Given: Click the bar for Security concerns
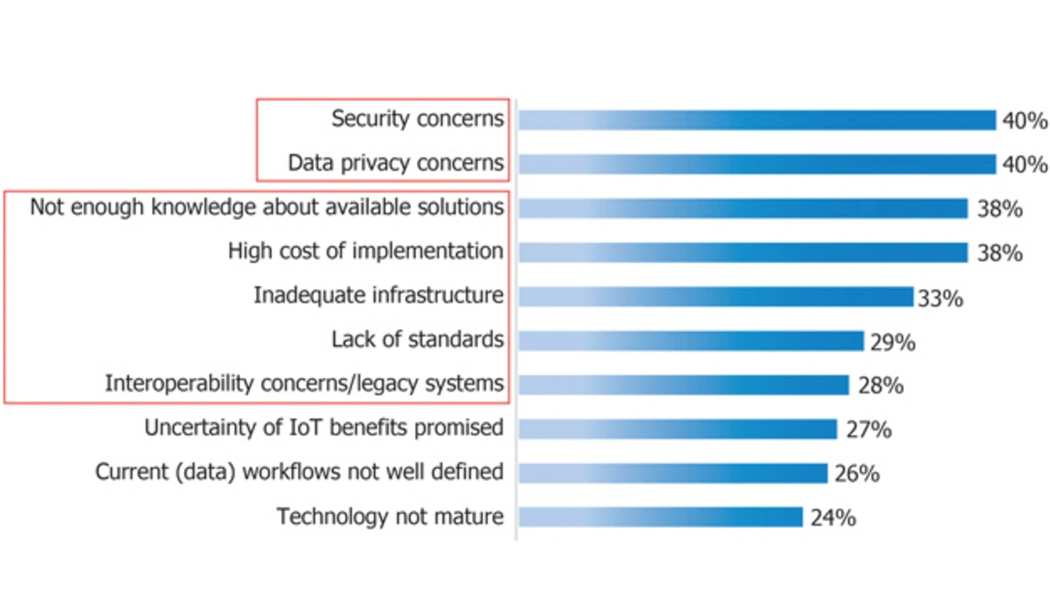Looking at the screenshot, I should click(x=756, y=120).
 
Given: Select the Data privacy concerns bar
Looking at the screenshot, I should click(x=756, y=164).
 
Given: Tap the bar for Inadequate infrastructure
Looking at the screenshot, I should click(x=715, y=297).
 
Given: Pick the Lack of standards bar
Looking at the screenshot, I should click(x=691, y=341).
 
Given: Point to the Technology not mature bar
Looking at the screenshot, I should click(x=660, y=517).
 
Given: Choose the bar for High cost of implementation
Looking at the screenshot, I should click(x=742, y=252).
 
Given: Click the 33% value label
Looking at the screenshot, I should click(x=940, y=298).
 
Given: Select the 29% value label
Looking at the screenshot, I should click(x=892, y=342).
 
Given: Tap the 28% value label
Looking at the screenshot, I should click(x=880, y=385).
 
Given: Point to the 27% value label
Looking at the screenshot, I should click(x=868, y=430).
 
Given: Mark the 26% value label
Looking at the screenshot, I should click(x=857, y=474).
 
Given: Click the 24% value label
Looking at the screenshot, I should click(x=833, y=518).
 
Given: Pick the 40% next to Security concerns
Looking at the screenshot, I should click(x=1025, y=121).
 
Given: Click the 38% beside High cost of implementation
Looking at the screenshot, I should click(x=999, y=253).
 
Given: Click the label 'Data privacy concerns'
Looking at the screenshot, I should click(x=395, y=163).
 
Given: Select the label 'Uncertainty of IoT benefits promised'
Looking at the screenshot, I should click(x=324, y=428).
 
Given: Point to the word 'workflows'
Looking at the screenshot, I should click(x=297, y=472).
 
